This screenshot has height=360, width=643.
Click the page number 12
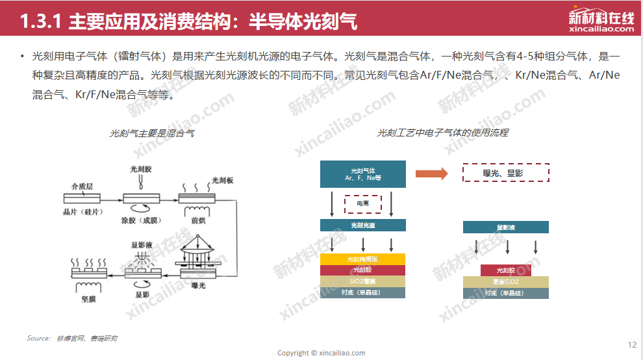633,344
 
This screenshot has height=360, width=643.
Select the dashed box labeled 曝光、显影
506,173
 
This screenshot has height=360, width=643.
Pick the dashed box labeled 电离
363,204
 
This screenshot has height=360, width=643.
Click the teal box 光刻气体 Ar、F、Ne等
363,174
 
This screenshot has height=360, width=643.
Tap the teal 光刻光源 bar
363,225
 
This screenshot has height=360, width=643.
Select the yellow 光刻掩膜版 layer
363,259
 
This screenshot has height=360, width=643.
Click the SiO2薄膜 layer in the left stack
363,281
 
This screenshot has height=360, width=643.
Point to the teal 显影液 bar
506,227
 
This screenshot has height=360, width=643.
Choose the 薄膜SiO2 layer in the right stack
506,281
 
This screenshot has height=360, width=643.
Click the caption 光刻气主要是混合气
152,133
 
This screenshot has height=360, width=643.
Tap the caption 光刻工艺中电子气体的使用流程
442,133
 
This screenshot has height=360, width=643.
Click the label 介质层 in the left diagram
82,186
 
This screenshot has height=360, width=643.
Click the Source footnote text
72,339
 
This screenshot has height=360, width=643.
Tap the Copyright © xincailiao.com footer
321,353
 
